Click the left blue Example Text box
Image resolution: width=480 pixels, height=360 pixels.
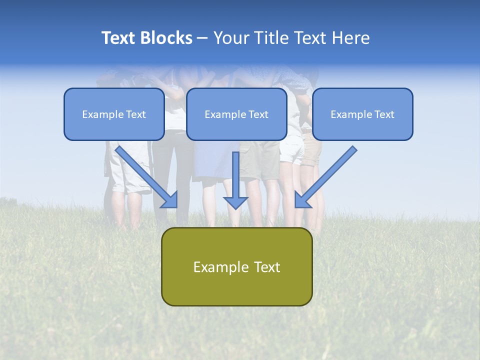point(114,114)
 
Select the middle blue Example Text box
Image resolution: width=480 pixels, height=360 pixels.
point(236,114)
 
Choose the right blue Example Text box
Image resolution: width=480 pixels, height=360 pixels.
point(362,114)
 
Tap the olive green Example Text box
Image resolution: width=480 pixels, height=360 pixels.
point(236,266)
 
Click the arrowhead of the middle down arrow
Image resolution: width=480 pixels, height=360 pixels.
point(235,202)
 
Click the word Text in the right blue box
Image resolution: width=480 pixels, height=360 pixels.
point(384,114)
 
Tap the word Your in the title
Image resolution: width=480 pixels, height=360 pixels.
point(231,38)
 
